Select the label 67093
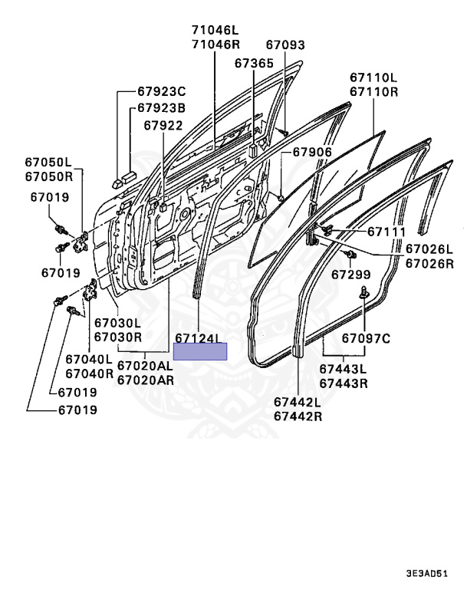pos(284,46)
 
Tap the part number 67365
pos(253,64)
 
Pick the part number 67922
pos(163,125)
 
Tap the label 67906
pos(311,152)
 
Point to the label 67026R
pos(429,263)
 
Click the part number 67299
pos(351,274)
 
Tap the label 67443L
pos(343,370)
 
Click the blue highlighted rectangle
pos(200,351)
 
